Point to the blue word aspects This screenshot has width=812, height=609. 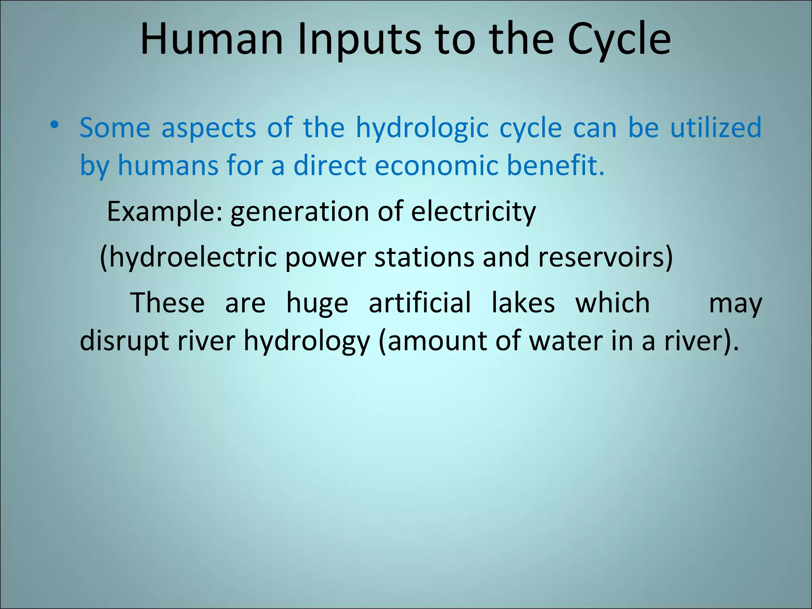(x=209, y=128)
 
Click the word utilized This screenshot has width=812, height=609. (x=716, y=128)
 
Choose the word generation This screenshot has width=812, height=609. (x=299, y=212)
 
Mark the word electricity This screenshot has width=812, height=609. (x=473, y=212)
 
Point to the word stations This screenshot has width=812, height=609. (x=424, y=257)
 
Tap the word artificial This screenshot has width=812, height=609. (x=420, y=303)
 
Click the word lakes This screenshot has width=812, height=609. (x=523, y=303)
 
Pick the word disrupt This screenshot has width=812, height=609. (x=124, y=341)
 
